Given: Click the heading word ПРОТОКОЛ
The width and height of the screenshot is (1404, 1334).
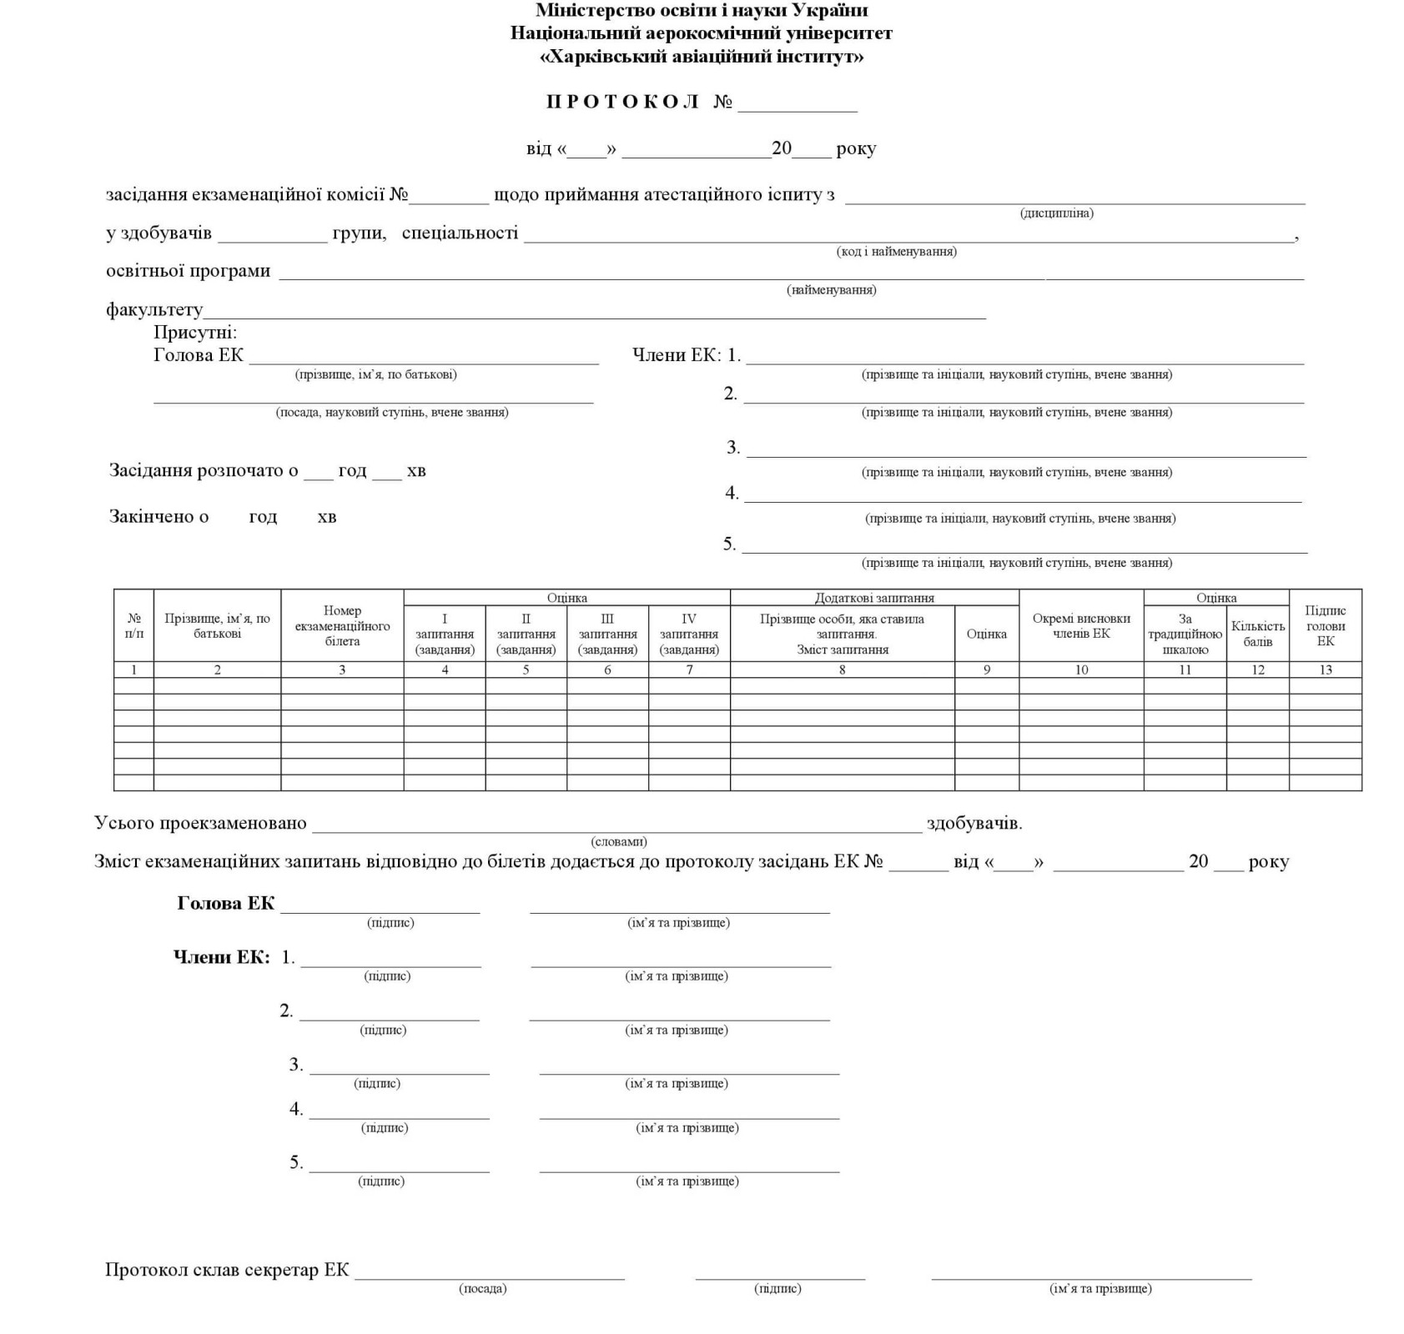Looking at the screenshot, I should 622,102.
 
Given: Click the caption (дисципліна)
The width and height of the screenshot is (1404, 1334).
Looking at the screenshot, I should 1056,213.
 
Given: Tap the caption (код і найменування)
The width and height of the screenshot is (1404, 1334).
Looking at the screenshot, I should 896,252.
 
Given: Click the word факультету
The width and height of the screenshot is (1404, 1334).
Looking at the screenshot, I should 154,310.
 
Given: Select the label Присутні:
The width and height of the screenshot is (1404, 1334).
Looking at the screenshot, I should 195,333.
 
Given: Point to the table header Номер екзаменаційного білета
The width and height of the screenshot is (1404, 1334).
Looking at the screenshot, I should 342,626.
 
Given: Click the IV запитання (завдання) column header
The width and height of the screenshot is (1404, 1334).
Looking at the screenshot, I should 689,634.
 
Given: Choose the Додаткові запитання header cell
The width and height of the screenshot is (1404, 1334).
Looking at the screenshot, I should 874,598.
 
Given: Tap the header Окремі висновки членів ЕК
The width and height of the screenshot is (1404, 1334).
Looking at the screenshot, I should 1081,626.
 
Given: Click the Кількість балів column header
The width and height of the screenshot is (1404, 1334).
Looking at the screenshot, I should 1257,634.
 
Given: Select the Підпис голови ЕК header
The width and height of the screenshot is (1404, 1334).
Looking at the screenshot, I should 1325,626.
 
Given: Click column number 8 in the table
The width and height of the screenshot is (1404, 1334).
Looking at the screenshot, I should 842,670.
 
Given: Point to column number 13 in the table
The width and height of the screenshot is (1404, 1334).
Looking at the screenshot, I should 1325,670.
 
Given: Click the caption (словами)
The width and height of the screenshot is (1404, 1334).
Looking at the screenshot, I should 618,842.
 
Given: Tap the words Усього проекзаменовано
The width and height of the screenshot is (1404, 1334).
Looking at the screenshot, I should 200,824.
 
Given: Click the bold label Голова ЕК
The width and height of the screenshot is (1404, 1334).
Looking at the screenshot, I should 225,904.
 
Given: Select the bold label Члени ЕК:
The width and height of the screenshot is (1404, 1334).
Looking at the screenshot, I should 222,957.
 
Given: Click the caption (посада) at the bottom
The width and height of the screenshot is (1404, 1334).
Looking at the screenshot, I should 482,1289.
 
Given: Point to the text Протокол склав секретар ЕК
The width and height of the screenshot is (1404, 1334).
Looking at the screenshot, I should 227,1270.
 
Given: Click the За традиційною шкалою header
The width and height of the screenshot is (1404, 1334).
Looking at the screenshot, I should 1185,634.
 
